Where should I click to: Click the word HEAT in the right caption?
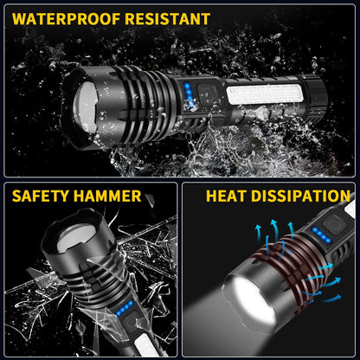click(x=228, y=196)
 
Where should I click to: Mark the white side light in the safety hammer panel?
click(x=132, y=346)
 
